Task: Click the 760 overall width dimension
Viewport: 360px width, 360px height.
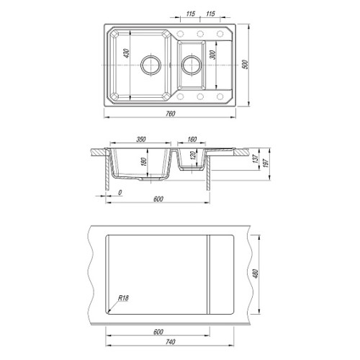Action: [x=170, y=114]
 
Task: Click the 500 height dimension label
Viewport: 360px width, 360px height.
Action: [x=245, y=65]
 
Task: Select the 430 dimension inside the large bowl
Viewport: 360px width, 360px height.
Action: [x=127, y=53]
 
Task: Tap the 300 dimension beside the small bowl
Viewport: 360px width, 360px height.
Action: [x=212, y=55]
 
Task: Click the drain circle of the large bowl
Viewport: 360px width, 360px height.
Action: [x=151, y=65]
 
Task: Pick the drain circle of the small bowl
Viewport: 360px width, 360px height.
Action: [x=192, y=65]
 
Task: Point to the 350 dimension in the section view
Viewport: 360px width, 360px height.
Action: [x=141, y=139]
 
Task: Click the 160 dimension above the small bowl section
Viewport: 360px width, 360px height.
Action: [x=192, y=139]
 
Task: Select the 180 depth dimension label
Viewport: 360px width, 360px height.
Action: [x=143, y=161]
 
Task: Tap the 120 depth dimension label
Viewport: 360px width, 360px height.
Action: [x=193, y=156]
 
